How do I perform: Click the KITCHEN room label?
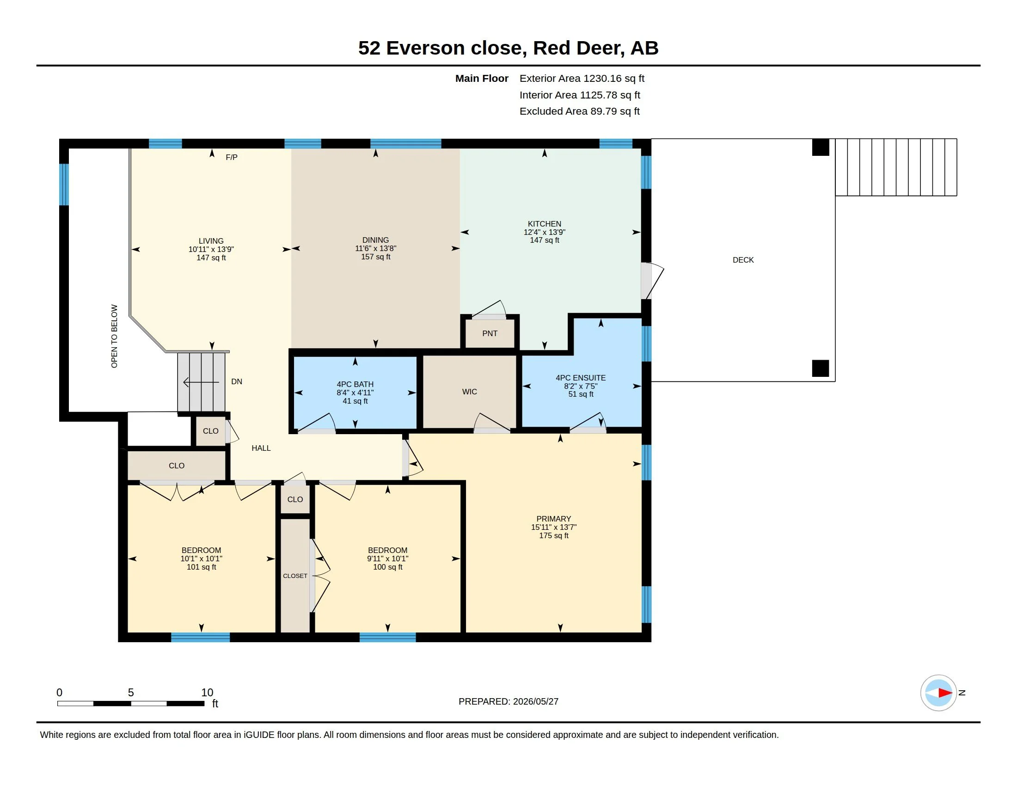pos(545,224)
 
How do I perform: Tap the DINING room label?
pos(375,240)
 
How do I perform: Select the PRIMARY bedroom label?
pos(553,519)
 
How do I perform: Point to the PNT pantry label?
pos(490,333)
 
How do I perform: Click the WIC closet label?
pos(469,392)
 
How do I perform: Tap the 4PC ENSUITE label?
pos(581,378)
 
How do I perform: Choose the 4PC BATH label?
pos(355,384)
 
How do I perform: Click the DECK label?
pos(743,260)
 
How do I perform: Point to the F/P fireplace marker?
pos(232,157)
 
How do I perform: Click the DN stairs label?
pos(237,381)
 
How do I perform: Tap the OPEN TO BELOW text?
pos(114,336)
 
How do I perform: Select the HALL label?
pos(261,448)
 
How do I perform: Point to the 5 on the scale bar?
pos(131,693)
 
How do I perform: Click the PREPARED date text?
pos(508,701)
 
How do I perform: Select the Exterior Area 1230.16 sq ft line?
pos(582,79)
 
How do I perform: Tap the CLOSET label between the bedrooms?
pos(295,576)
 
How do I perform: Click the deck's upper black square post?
pos(821,147)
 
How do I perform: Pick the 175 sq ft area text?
pos(554,535)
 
